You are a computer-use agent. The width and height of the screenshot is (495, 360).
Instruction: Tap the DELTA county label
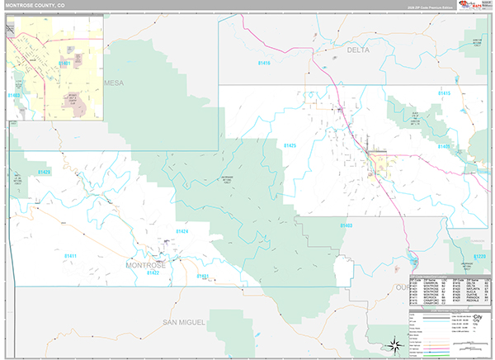pos(357,50)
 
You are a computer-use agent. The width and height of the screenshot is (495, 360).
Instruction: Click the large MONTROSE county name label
pos(145,265)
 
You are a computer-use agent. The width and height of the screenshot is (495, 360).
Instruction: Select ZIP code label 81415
pos(445,93)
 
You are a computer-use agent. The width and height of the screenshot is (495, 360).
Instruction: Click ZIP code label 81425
pos(290,145)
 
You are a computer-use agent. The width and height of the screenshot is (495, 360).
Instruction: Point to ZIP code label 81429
pos(44,172)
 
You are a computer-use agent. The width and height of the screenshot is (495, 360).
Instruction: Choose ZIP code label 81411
pos(70,256)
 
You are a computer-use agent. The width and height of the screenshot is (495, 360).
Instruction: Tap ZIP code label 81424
pos(181,231)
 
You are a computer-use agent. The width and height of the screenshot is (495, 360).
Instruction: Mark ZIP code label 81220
pos(480,257)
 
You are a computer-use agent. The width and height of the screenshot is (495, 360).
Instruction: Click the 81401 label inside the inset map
pos(64,63)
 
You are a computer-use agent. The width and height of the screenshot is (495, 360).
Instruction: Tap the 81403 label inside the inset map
pos(14,96)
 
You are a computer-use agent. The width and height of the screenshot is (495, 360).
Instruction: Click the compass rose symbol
pos(395,343)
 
